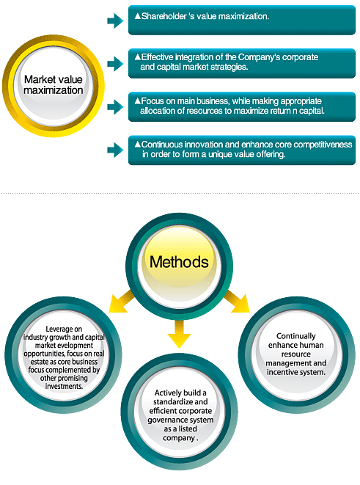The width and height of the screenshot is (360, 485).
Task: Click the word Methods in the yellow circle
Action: pyautogui.click(x=179, y=262)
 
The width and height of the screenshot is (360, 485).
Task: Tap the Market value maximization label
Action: pyautogui.click(x=54, y=85)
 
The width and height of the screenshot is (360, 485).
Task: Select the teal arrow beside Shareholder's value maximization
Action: pyautogui.click(x=115, y=21)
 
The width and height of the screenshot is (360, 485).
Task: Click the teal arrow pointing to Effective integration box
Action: pyautogui.click(x=115, y=64)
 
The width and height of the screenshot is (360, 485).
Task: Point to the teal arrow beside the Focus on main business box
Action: pyautogui.click(x=115, y=107)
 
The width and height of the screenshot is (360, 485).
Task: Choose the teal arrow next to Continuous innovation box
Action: pyautogui.click(x=115, y=150)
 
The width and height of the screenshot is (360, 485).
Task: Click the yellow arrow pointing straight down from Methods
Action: pyautogui.click(x=179, y=334)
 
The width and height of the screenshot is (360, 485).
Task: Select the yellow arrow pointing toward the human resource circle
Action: pyautogui.click(x=237, y=302)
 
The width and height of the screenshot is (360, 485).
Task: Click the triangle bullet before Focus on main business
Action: pyautogui.click(x=138, y=101)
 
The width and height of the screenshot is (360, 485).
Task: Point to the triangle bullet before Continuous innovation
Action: pyautogui.click(x=138, y=144)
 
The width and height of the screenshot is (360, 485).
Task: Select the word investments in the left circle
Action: pyautogui.click(x=64, y=387)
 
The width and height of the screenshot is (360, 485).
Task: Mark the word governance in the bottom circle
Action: pyautogui.click(x=164, y=420)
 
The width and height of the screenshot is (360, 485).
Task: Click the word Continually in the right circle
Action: pyautogui.click(x=296, y=336)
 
